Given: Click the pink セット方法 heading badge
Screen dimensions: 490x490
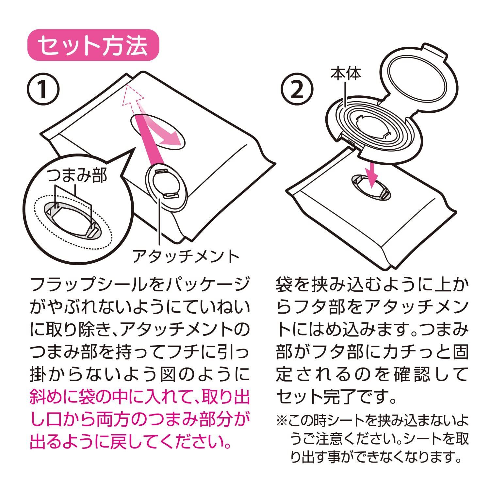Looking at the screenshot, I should pyautogui.click(x=93, y=45).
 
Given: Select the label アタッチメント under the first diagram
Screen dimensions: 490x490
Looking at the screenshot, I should pyautogui.click(x=186, y=256).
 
